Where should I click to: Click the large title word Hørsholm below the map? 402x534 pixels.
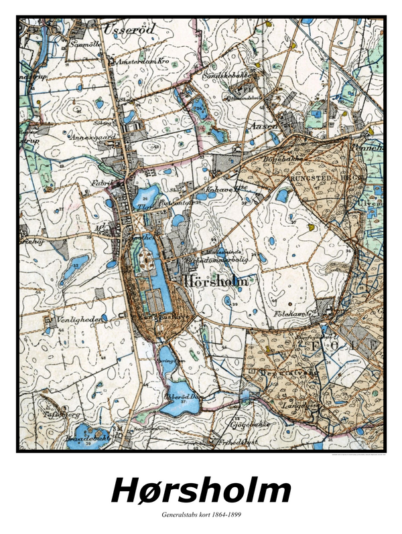[201, 491]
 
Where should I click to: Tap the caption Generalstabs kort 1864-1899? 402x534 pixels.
[201, 515]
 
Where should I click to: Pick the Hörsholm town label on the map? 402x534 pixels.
[212, 282]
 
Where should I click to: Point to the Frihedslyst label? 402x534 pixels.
[233, 442]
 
